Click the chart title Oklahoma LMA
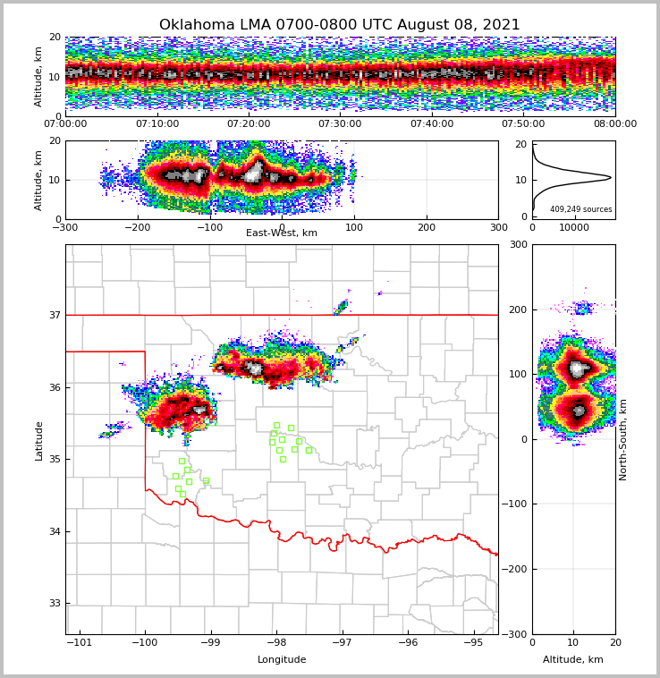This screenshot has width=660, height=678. click(x=339, y=25)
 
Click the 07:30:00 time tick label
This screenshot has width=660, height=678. click(x=340, y=124)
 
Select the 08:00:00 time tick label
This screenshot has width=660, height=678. click(x=615, y=124)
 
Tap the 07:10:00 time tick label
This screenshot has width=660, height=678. click(x=157, y=124)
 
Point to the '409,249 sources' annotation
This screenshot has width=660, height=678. click(x=581, y=209)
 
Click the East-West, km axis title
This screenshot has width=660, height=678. click(x=282, y=233)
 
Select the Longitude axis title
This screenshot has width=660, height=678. click(x=282, y=660)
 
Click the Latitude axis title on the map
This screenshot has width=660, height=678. click(x=38, y=440)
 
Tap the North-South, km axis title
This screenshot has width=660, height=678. click(x=623, y=439)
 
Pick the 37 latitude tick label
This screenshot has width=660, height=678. click(x=54, y=315)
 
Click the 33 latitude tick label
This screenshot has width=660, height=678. click(x=54, y=603)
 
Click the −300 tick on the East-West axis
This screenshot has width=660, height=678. click(x=65, y=226)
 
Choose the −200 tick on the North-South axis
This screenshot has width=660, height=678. click(x=515, y=569)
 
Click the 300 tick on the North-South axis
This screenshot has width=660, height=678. click(x=519, y=244)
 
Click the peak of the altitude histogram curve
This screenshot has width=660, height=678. click(x=611, y=177)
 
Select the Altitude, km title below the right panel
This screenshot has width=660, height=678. click(x=573, y=660)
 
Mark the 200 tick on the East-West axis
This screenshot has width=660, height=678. click(x=427, y=226)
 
